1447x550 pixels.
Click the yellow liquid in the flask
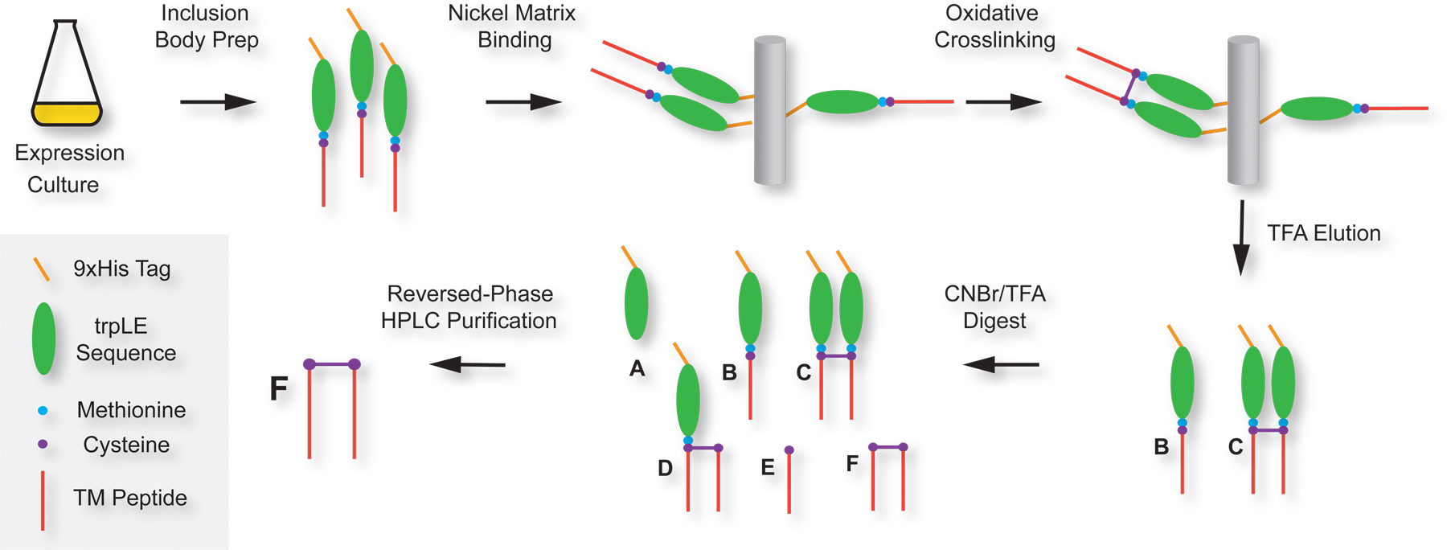[67, 114]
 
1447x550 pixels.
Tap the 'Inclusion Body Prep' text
[206, 27]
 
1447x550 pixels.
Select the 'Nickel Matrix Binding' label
[512, 27]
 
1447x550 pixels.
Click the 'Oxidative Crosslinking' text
[994, 27]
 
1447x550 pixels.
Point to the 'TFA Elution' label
[1323, 233]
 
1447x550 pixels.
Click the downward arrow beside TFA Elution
[1242, 237]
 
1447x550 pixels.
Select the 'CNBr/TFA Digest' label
[994, 306]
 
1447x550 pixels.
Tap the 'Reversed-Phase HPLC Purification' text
[469, 306]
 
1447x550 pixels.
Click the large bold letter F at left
[278, 389]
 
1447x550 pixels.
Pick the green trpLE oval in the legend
[43, 339]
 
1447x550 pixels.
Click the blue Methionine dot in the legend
[43, 410]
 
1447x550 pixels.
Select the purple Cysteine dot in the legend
[43, 444]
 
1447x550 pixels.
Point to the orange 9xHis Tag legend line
[41, 269]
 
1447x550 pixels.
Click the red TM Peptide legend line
[43, 500]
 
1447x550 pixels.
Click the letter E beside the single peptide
[768, 467]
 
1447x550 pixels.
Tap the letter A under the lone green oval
[637, 369]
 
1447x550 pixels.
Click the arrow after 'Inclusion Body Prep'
[218, 102]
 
